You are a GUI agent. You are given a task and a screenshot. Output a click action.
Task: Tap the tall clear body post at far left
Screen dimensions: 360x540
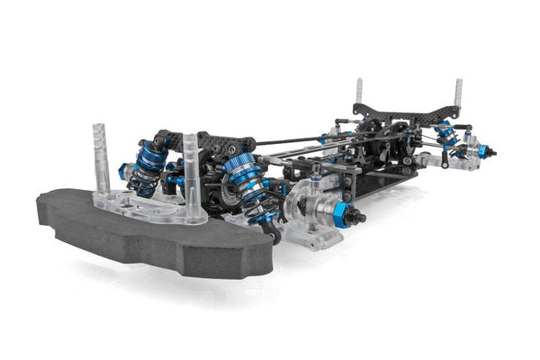click(100, 162)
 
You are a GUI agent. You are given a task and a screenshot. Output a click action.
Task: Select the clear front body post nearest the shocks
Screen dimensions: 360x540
click(192, 171)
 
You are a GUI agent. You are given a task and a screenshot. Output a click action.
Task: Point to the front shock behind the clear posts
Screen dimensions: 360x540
click(148, 166)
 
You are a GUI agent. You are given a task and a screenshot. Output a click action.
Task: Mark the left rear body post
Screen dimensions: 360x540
click(359, 93)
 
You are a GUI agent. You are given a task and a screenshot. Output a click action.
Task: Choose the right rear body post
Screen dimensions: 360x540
click(457, 93)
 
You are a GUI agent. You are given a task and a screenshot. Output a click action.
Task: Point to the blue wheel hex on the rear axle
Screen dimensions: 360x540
click(482, 150)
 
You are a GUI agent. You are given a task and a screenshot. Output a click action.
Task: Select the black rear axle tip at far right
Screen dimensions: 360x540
click(492, 151)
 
